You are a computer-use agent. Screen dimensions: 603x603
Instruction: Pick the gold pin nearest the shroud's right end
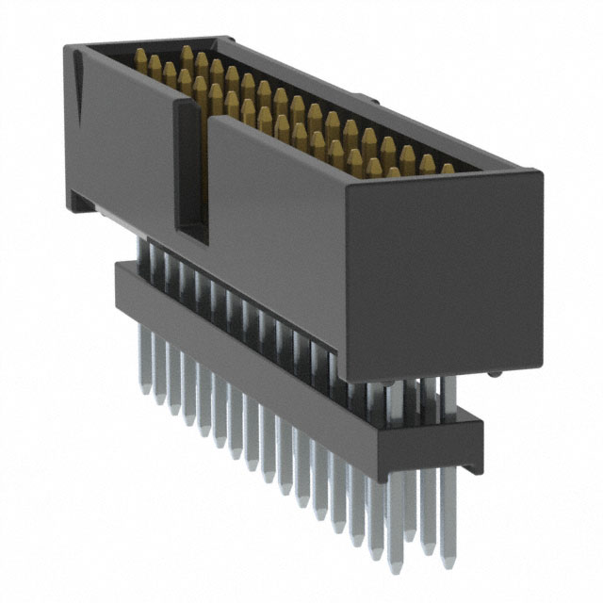coord(448,169)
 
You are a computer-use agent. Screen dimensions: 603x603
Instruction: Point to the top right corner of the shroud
coord(540,173)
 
